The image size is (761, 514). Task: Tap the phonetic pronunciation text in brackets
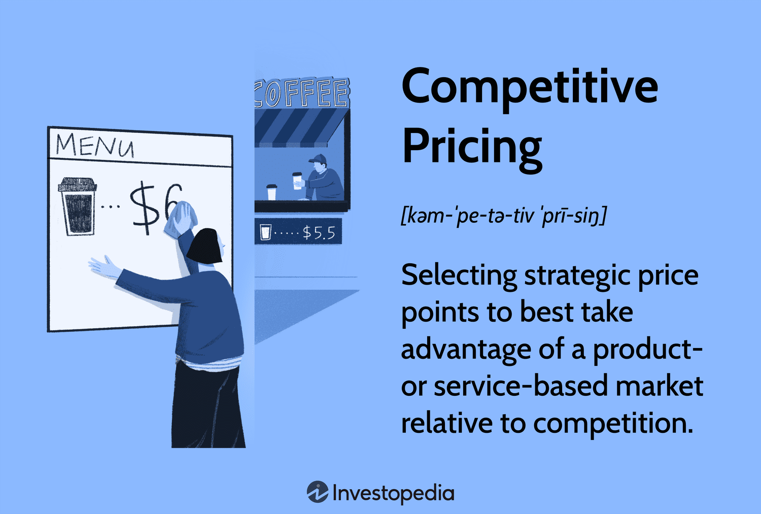(x=503, y=216)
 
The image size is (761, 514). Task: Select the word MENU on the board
(x=95, y=145)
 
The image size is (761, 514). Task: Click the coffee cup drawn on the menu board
(x=78, y=206)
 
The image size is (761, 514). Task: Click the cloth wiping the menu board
(x=181, y=218)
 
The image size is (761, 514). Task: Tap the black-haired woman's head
(x=205, y=247)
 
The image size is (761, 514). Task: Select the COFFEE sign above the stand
(x=302, y=93)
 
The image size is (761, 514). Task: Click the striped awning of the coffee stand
(x=299, y=127)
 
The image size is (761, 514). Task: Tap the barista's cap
(x=318, y=159)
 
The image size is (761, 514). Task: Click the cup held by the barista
(x=297, y=180)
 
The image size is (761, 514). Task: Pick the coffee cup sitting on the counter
(x=272, y=192)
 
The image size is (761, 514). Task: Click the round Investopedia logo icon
(x=318, y=492)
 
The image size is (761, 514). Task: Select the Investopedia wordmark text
(x=393, y=493)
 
